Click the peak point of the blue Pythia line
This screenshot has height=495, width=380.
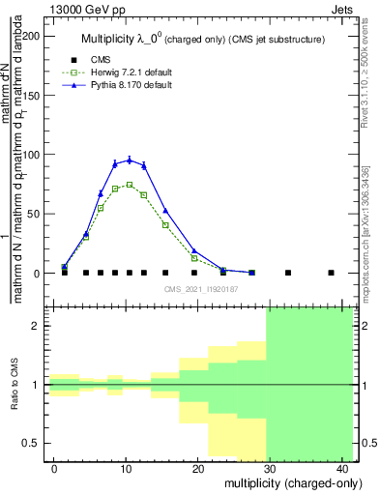click(129, 160)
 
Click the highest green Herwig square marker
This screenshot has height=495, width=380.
click(129, 185)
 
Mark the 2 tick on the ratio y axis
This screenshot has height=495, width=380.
click(40, 327)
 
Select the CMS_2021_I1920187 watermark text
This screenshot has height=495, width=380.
click(201, 289)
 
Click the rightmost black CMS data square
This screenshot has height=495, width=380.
click(331, 273)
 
